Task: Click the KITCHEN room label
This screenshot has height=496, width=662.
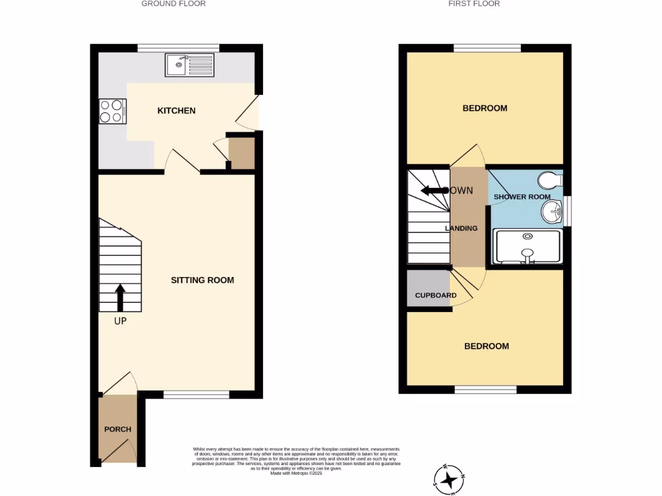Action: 176,111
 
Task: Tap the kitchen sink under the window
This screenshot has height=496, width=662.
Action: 189,65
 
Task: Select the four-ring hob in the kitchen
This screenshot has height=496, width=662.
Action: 112,110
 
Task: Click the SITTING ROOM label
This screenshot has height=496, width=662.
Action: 202,280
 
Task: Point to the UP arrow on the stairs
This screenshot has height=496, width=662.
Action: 120,298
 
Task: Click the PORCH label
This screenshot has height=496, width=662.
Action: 118,429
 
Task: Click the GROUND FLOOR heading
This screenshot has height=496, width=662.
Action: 173,4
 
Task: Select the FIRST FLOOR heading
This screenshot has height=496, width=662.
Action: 474,4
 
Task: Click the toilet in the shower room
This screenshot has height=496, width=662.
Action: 551,179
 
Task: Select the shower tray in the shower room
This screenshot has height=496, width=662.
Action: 528,248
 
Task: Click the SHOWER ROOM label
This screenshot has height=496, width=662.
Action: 522,197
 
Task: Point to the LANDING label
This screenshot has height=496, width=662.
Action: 462,229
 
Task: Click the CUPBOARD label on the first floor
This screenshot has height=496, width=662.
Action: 436,296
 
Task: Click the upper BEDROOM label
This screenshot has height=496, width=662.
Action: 485,108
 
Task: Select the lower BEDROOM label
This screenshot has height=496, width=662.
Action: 487,346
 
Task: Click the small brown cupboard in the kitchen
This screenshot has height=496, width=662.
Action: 242,154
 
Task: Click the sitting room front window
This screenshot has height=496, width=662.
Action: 196,395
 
